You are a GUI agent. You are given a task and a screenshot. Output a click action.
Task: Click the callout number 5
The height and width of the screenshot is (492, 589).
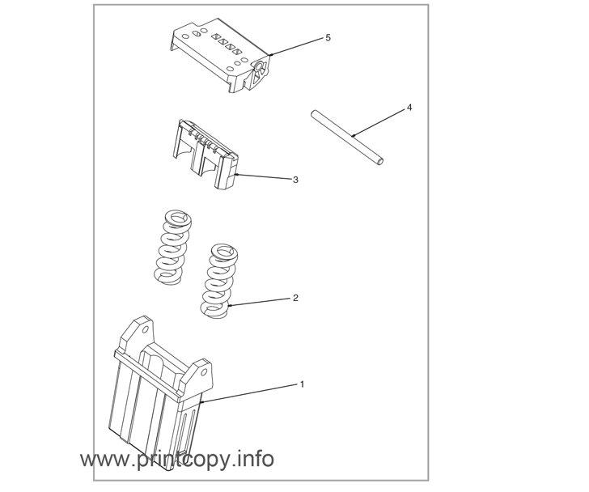[328, 37]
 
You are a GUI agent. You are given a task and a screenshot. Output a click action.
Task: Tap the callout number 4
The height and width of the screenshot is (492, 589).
[409, 108]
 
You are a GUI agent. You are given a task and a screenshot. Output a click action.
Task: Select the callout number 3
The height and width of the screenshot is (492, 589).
[295, 180]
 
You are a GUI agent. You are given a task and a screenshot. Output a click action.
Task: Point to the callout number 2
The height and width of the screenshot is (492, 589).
[295, 298]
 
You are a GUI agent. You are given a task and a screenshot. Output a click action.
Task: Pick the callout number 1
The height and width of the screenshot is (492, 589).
[302, 384]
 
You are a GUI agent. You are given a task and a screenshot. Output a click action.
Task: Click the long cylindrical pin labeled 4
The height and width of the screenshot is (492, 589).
[347, 137]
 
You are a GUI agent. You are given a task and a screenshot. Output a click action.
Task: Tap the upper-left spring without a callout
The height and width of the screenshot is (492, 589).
[173, 246]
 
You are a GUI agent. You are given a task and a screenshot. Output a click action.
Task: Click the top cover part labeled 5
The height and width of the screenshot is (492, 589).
[222, 56]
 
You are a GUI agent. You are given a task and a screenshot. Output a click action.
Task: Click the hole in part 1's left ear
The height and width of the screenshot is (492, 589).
[146, 330]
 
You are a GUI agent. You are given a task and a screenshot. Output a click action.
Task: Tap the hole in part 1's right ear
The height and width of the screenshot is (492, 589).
[204, 372]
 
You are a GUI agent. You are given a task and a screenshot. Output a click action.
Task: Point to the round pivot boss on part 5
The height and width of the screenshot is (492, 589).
[259, 66]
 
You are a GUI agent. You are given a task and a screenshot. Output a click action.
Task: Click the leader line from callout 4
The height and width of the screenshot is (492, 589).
[379, 122]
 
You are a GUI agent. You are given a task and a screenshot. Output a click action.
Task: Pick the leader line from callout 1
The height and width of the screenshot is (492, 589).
[249, 393]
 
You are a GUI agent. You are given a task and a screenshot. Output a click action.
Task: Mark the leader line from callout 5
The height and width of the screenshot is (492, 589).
[297, 46]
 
